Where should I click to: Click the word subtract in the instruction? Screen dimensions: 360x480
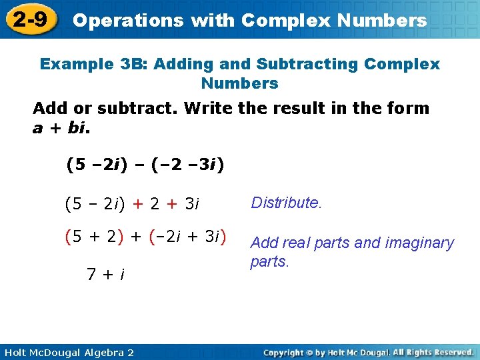click(143, 108)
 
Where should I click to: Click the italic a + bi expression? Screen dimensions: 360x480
click(60, 127)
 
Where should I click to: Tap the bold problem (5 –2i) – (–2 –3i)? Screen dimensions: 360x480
click(145, 164)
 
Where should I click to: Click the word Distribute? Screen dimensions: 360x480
click(286, 203)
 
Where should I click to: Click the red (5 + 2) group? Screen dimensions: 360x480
click(93, 236)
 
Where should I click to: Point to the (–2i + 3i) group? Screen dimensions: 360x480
click(189, 236)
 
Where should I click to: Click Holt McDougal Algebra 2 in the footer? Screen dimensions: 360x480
click(69, 352)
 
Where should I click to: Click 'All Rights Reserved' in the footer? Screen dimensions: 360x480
click(433, 352)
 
